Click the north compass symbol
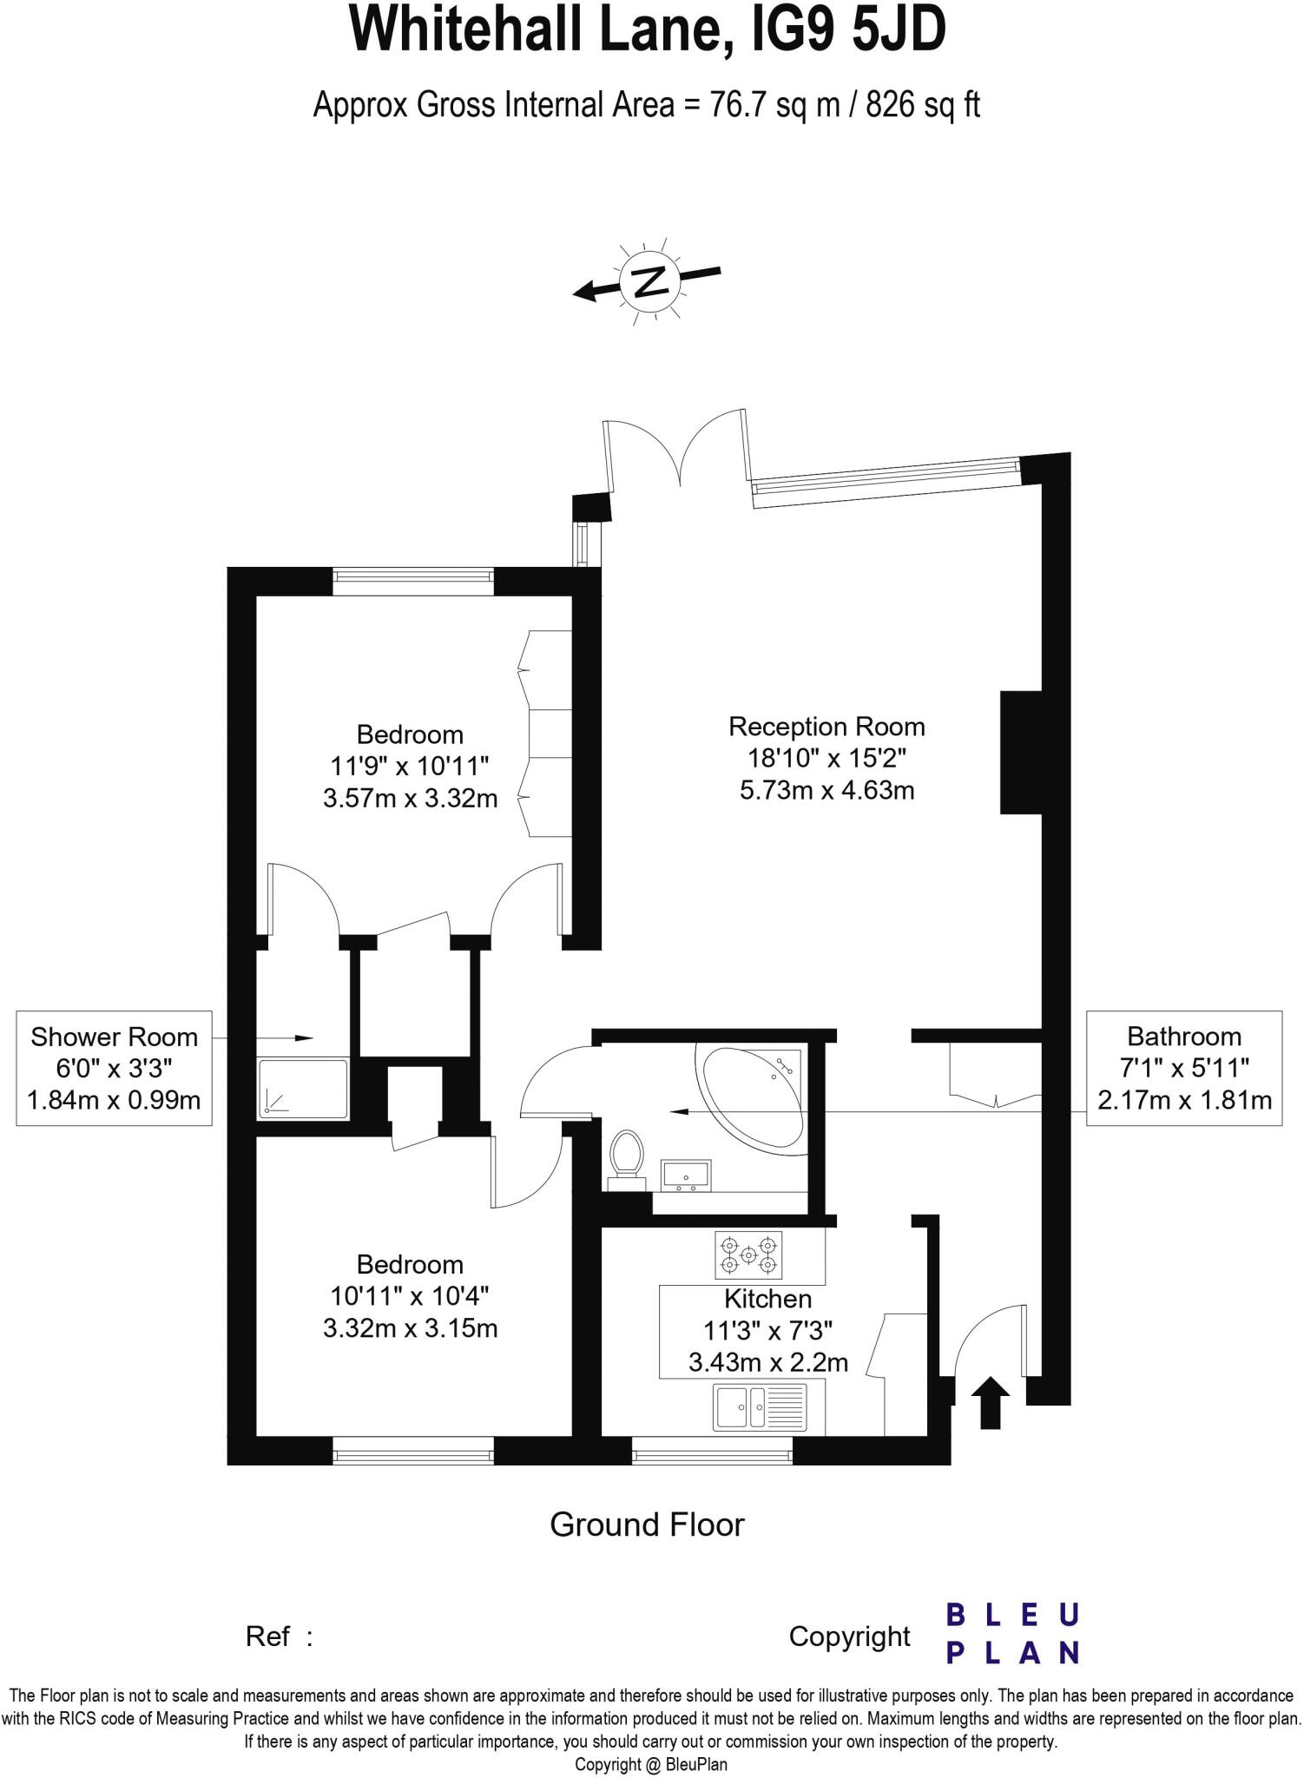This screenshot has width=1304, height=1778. tap(649, 281)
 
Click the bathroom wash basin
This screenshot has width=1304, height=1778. tap(686, 1175)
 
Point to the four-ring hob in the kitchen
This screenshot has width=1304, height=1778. tap(748, 1255)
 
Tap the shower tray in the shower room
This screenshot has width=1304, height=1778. tap(302, 1088)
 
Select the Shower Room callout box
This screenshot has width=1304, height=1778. tap(114, 1069)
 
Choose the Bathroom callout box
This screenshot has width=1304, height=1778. tap(1184, 1069)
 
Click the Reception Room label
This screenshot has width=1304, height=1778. tap(827, 727)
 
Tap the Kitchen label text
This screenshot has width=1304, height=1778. tap(767, 1299)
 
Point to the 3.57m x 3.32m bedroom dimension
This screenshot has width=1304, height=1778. tap(410, 798)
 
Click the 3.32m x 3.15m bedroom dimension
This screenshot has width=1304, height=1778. tap(410, 1328)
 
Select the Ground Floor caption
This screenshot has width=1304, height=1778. tap(647, 1524)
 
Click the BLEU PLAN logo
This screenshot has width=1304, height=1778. tap(1011, 1633)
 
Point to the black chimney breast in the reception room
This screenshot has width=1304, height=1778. tap(1021, 752)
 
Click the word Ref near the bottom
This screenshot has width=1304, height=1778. tap(267, 1636)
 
